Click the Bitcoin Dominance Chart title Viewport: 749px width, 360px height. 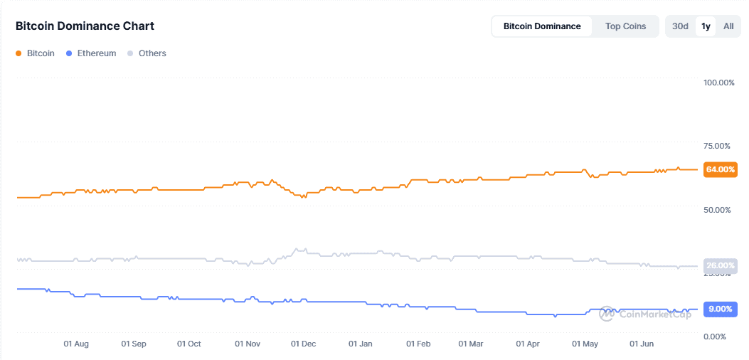point(85,26)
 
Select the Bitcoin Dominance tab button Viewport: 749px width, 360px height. point(542,26)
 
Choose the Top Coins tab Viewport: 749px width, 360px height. point(625,26)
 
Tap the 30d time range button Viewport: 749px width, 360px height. point(680,26)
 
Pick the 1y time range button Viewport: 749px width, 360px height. point(706,26)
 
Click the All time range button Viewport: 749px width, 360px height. point(728,26)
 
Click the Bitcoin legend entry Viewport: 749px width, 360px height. point(35,53)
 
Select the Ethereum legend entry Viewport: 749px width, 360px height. point(90,53)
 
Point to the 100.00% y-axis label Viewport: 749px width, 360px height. point(718,83)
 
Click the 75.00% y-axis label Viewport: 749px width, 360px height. point(716,146)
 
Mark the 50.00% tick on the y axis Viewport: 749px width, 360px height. point(716,210)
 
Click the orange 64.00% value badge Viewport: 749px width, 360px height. point(720,169)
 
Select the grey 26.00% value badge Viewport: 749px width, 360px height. point(720,266)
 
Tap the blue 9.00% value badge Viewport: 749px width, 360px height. point(720,309)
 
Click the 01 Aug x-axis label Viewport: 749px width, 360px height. point(76,344)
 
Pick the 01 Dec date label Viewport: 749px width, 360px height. point(304,344)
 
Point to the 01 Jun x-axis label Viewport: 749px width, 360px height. point(642,344)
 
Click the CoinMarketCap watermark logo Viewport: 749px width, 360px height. point(644,313)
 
